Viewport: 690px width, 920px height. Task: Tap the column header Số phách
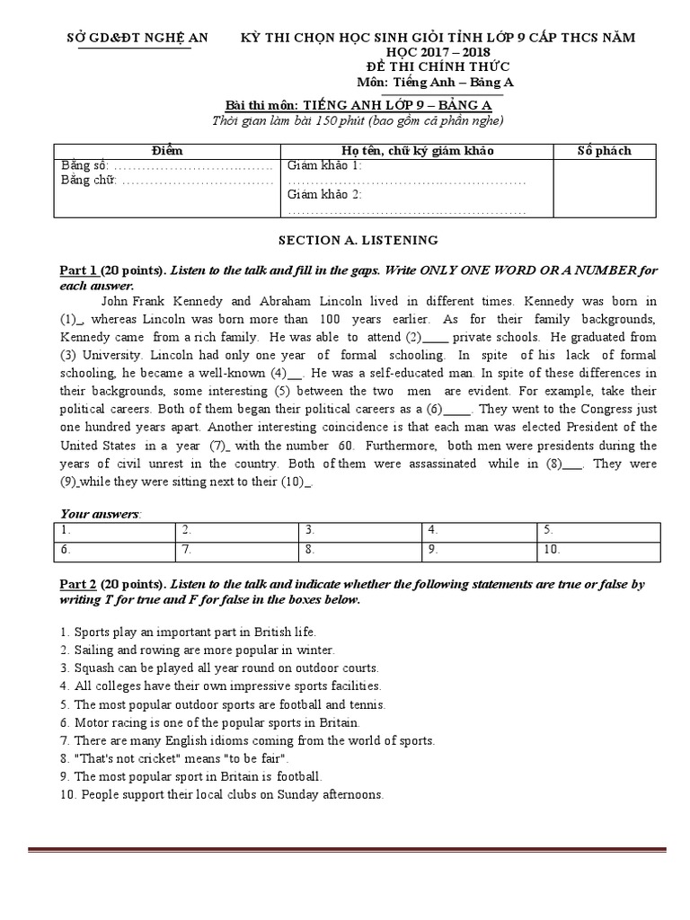pyautogui.click(x=604, y=151)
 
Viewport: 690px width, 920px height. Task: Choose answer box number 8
pyautogui.click(x=360, y=549)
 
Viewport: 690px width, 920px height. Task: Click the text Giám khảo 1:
pyautogui.click(x=324, y=166)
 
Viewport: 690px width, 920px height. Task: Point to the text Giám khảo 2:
pyautogui.click(x=324, y=195)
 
